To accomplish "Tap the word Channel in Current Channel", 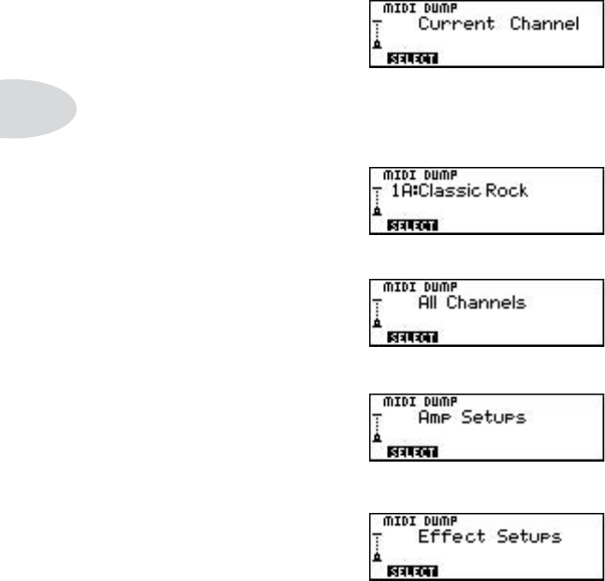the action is [x=545, y=24].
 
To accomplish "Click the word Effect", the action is [x=444, y=537].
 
